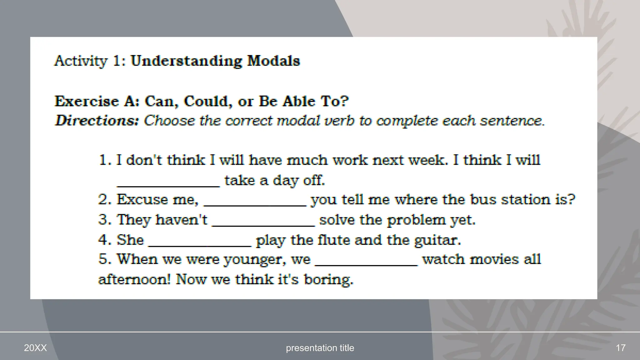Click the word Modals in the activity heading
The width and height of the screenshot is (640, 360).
[273, 61]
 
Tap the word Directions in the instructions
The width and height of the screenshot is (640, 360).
[97, 121]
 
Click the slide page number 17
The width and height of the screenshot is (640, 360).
[621, 348]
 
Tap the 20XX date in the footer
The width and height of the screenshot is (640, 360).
[35, 348]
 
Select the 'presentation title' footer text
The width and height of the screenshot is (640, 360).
[320, 348]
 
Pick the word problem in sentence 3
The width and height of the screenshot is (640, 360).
[416, 220]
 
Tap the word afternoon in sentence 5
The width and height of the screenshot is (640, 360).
[134, 279]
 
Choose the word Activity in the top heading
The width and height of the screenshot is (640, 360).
[81, 61]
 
